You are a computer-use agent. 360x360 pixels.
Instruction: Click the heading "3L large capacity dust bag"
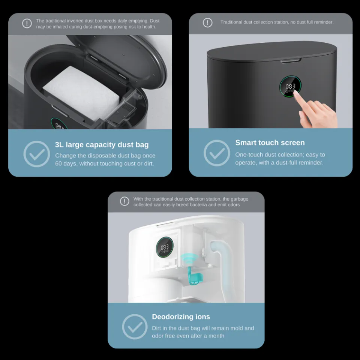[102, 145]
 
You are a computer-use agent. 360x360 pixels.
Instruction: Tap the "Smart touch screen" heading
[270, 142]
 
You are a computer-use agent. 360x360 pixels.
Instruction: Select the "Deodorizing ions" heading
[181, 316]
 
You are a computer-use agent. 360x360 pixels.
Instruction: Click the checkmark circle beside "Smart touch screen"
[217, 153]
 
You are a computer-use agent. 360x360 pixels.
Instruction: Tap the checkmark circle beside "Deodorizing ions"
[135, 327]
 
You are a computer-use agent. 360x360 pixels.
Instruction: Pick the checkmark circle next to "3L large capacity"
[37, 154]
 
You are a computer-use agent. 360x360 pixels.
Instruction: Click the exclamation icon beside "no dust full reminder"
[207, 23]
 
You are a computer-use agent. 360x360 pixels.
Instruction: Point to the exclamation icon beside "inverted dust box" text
[27, 23]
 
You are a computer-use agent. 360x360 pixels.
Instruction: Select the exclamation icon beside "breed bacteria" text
[124, 201]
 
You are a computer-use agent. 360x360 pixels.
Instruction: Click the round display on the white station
[165, 247]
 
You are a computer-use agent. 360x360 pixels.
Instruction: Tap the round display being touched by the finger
[290, 86]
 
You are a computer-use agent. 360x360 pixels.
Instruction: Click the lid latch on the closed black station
[291, 61]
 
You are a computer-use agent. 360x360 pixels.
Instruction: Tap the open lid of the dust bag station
[119, 60]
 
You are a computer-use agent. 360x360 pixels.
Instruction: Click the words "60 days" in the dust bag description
[63, 163]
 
